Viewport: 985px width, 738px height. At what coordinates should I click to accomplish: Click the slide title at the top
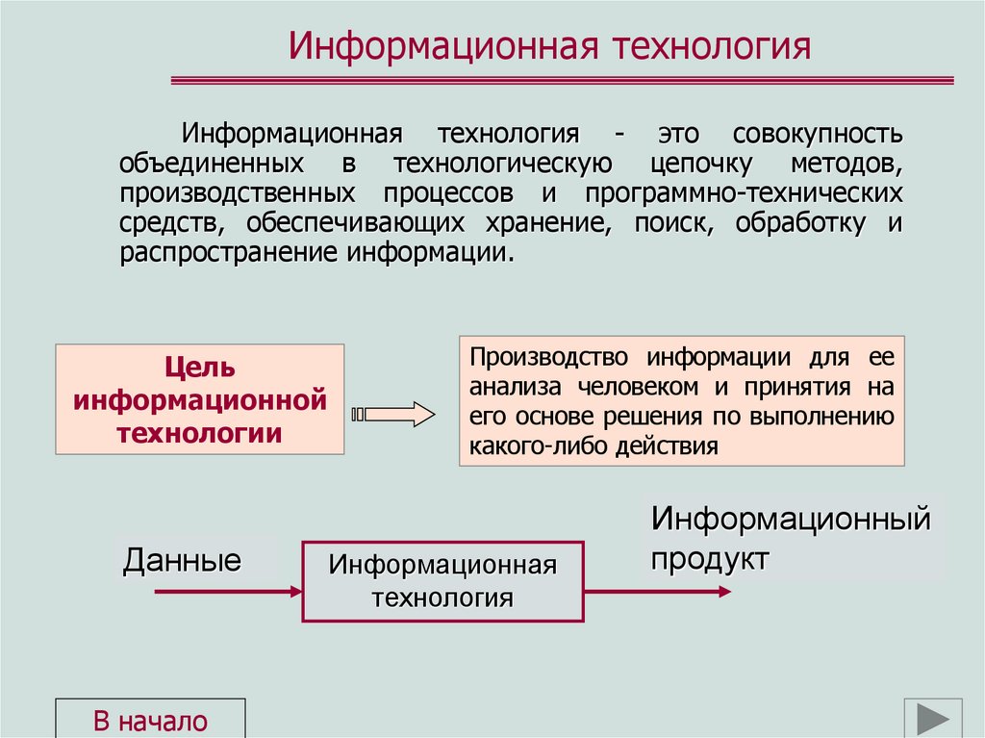click(x=551, y=47)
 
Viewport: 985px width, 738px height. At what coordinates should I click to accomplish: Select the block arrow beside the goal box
click(x=394, y=415)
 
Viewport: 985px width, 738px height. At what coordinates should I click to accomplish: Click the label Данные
click(x=182, y=560)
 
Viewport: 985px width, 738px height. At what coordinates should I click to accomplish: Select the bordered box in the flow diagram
click(x=443, y=580)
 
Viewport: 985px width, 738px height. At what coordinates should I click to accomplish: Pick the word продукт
click(x=710, y=558)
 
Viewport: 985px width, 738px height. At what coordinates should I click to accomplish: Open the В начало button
click(x=150, y=721)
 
